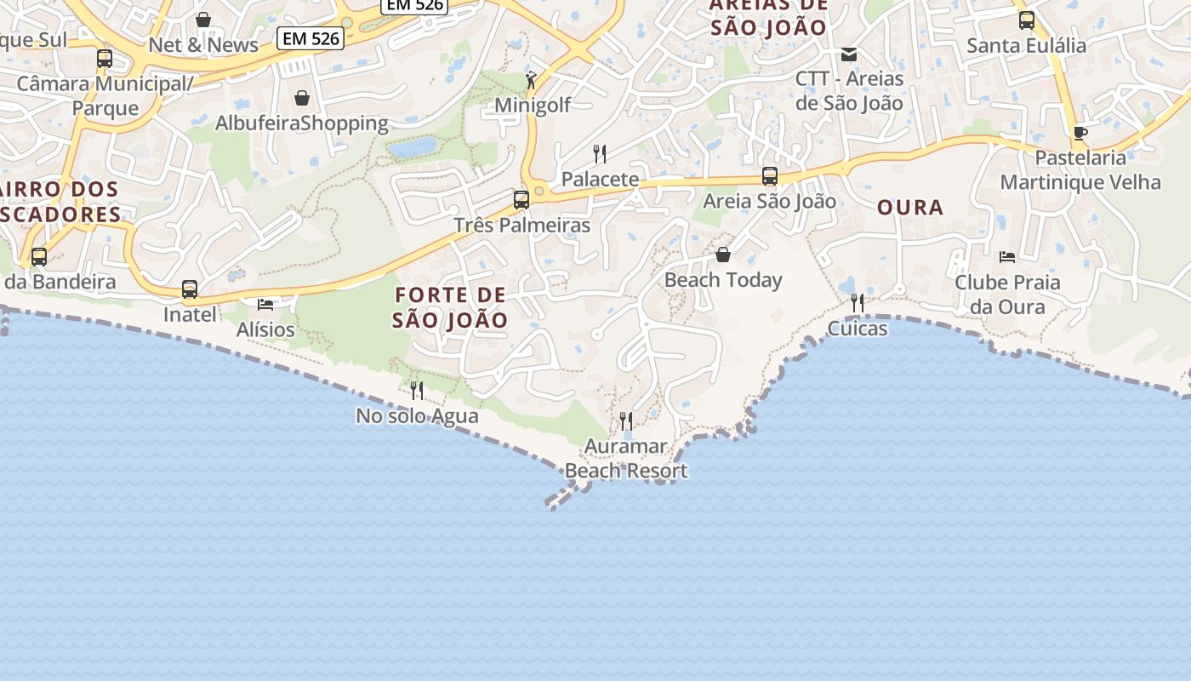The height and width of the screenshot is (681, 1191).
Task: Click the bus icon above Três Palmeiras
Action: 521,200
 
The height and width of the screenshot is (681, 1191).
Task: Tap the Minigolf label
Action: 533,105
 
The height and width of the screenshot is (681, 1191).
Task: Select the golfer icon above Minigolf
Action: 531,80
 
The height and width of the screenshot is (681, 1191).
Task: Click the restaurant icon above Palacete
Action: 600,154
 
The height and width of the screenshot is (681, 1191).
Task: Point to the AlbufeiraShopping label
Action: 301,123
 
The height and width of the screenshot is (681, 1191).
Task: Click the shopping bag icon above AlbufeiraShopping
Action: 301,98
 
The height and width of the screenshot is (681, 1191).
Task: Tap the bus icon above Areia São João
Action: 770,176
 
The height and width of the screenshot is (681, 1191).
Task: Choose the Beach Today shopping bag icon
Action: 723,255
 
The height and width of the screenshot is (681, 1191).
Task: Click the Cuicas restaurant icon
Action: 858,303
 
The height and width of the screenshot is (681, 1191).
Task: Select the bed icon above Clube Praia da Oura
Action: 1007,256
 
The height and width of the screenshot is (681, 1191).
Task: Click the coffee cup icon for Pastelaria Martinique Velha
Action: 1080,133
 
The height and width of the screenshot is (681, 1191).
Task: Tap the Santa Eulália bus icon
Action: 1027,20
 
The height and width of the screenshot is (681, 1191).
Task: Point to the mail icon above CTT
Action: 849,54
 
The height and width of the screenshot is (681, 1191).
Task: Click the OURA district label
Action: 910,207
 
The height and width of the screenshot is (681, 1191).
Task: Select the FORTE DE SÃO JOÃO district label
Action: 450,307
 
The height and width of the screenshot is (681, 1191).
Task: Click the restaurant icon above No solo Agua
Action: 417,391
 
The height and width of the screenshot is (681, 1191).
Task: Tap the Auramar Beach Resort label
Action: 626,458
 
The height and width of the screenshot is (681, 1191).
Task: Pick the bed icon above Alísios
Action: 265,304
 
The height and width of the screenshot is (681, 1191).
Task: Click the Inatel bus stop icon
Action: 190,289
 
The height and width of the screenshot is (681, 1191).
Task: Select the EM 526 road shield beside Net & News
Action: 310,38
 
